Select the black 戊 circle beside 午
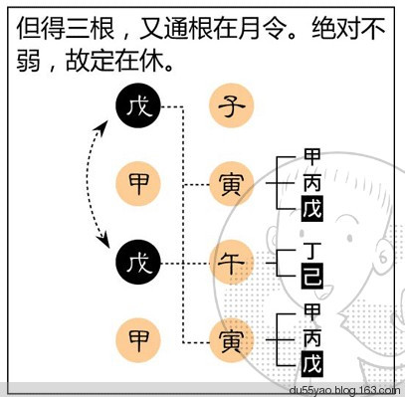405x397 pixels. click(137, 263)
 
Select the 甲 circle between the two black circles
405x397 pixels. click(137, 184)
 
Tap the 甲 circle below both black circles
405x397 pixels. click(137, 341)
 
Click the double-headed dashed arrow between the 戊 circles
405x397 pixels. click(101, 184)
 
